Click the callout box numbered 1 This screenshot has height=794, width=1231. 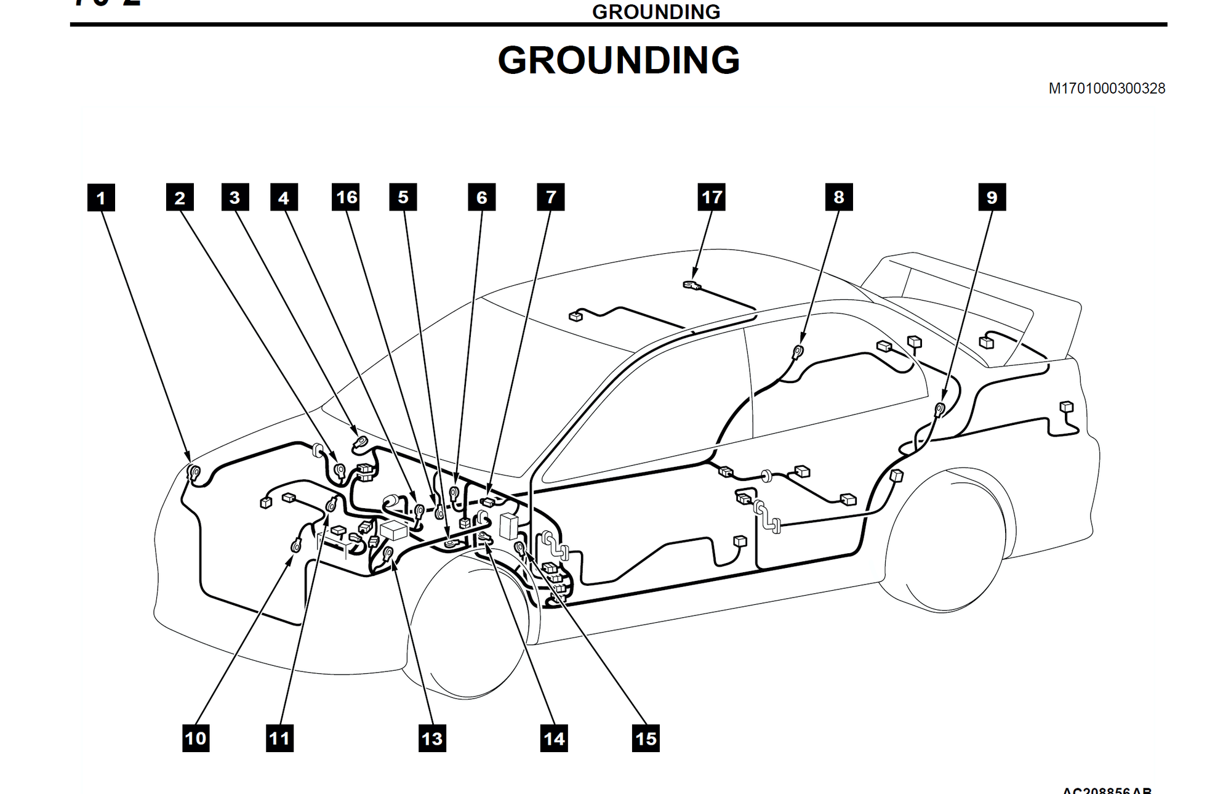(101, 198)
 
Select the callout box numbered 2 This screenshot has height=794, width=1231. (180, 197)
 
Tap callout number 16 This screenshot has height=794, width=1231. (346, 196)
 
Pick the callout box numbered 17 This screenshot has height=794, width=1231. (712, 196)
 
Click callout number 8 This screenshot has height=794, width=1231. (839, 196)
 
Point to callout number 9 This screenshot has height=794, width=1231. (992, 197)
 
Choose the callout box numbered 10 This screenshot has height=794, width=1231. (196, 738)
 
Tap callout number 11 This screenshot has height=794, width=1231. (279, 738)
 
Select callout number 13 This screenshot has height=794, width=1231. (432, 738)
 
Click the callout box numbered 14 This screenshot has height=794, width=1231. (554, 738)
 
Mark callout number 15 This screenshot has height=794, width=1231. (646, 738)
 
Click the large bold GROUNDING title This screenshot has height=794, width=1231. (619, 60)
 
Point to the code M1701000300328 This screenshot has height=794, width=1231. (1107, 89)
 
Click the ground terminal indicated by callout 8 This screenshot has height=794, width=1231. (798, 352)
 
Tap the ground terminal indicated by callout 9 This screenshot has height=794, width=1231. (940, 408)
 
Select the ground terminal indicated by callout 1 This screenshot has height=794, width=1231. (194, 473)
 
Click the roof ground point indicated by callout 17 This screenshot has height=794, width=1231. (692, 285)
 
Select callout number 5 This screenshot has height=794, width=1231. (403, 196)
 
